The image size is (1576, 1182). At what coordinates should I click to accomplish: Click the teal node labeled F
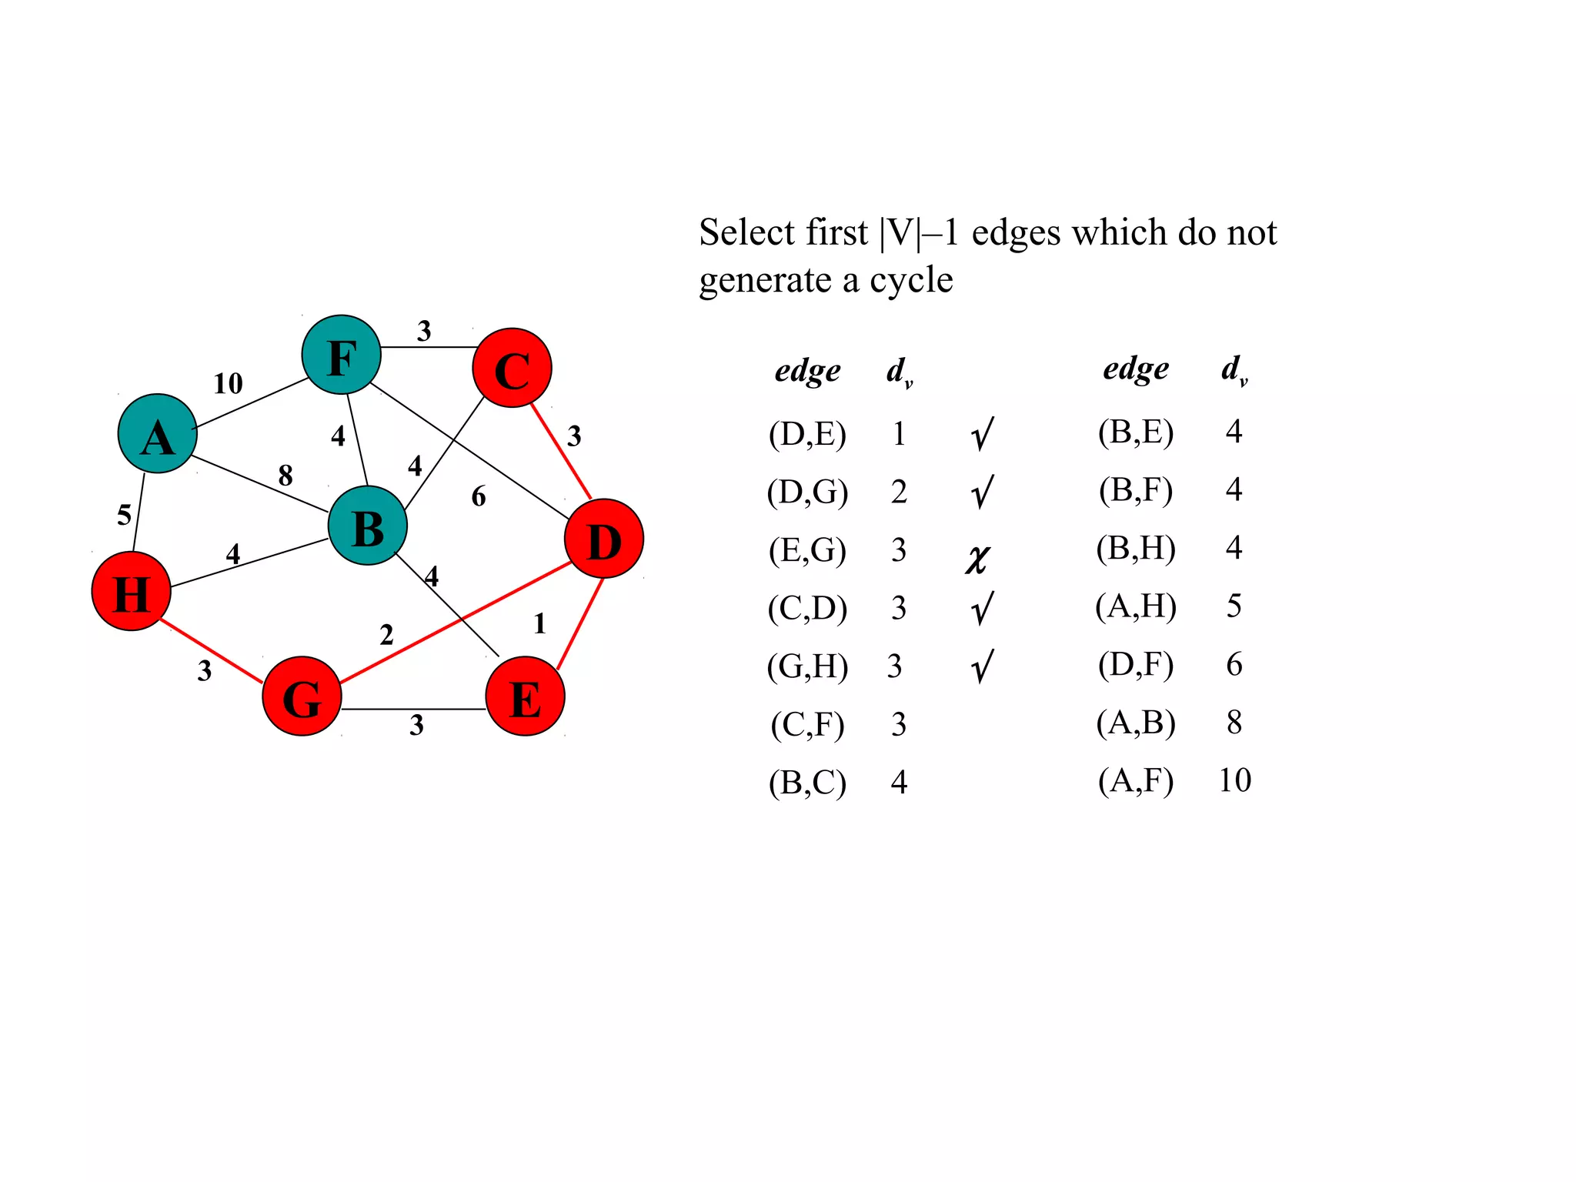pos(341,355)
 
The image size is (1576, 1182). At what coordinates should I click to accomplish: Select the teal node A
pos(158,434)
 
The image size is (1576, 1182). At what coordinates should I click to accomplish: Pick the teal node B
pos(368,526)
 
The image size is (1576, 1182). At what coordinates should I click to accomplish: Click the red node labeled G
pos(302,696)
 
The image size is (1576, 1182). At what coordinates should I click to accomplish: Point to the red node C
pos(512,368)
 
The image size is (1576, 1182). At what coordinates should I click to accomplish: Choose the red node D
pos(604,539)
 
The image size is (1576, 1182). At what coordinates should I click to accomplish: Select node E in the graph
pos(526,696)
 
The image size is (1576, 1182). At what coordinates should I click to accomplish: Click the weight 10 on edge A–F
pos(228,383)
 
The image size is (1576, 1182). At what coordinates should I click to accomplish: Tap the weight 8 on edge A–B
pos(285,476)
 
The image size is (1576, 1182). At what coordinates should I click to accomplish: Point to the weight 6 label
pos(479,497)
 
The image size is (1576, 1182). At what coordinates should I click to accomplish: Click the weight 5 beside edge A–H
pos(124,515)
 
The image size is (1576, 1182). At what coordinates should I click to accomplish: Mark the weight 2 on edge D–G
pos(386,635)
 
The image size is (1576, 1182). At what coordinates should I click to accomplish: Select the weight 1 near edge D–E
pos(539,623)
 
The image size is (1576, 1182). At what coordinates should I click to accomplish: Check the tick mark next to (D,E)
pos(982,434)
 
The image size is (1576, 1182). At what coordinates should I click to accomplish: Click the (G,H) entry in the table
pos(807,666)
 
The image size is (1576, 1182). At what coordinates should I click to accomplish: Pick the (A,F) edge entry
pos(1136,780)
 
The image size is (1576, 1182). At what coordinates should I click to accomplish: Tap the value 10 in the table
pos(1234,780)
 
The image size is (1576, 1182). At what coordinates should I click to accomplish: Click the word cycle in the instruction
pos(911,280)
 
